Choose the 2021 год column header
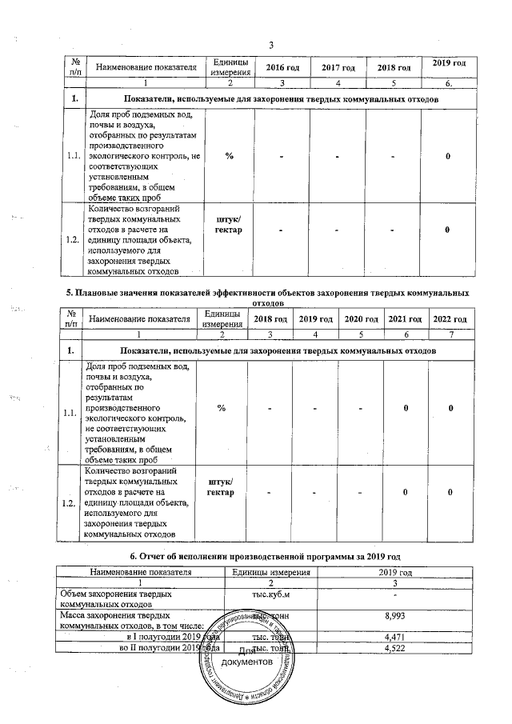(x=405, y=320)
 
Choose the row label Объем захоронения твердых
(x=120, y=594)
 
